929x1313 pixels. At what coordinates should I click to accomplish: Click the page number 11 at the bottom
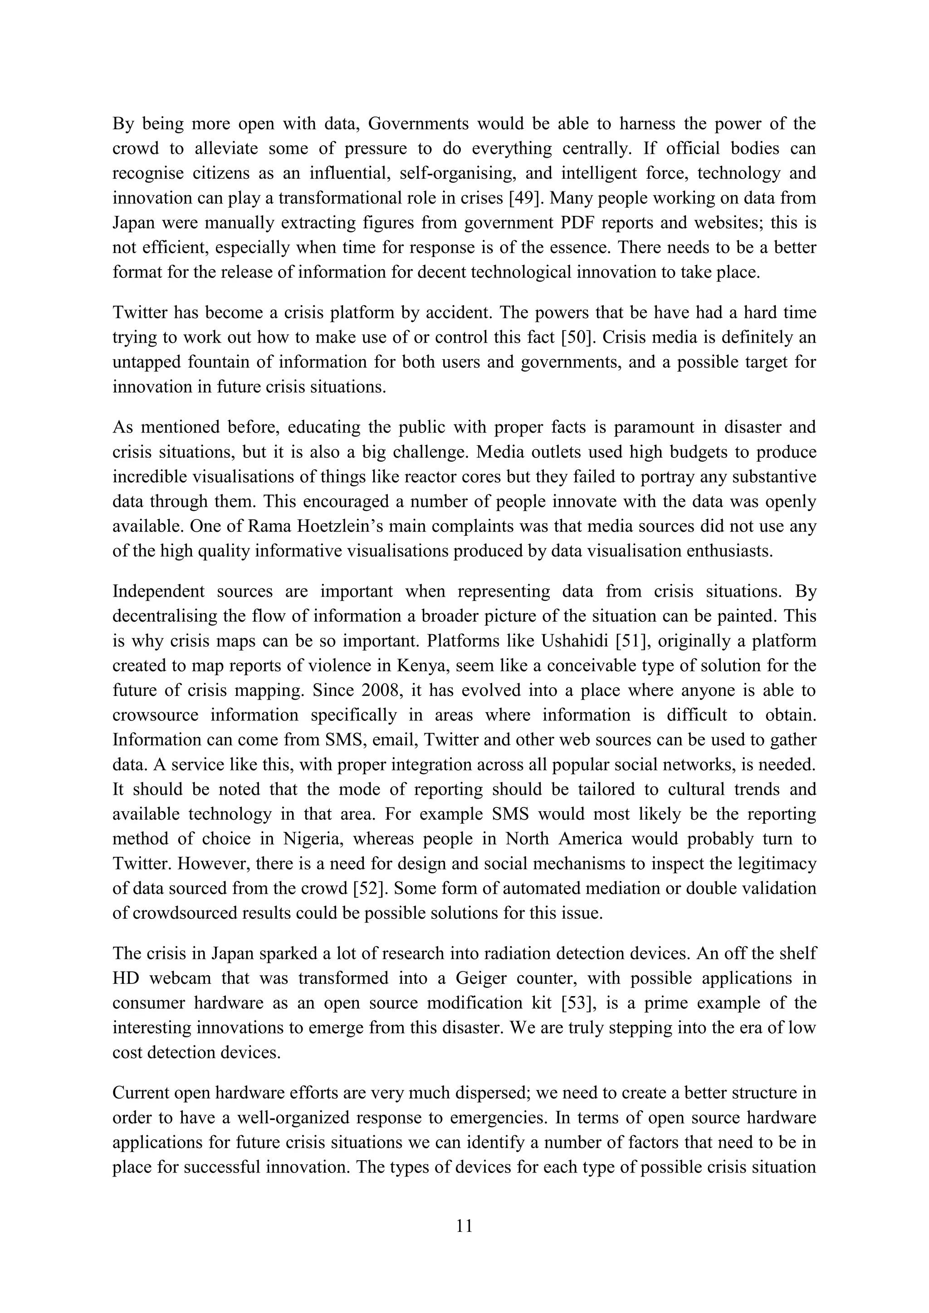pyautogui.click(x=464, y=1225)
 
